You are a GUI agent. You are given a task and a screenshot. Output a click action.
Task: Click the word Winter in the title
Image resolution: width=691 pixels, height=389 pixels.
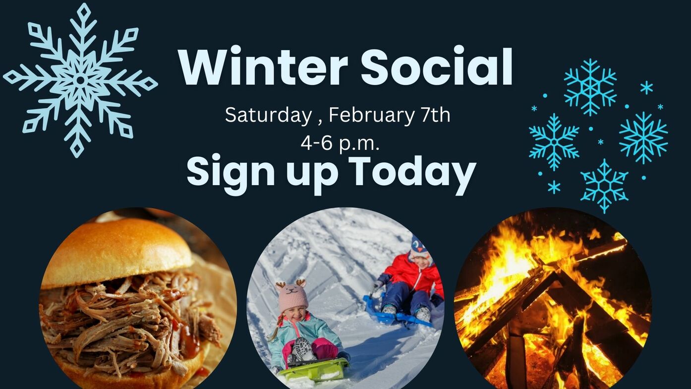(264, 66)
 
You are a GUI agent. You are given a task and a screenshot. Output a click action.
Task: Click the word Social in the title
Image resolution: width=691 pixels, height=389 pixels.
(437, 66)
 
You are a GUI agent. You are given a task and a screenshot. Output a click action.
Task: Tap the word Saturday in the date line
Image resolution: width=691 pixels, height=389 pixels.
(268, 116)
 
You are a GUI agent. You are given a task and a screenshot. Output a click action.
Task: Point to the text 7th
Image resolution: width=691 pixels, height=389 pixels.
(436, 114)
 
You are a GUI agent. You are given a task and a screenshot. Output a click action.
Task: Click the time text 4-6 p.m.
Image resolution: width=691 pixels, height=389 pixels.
(340, 143)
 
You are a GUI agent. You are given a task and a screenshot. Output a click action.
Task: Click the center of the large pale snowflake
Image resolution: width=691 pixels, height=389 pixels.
(80, 80)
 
